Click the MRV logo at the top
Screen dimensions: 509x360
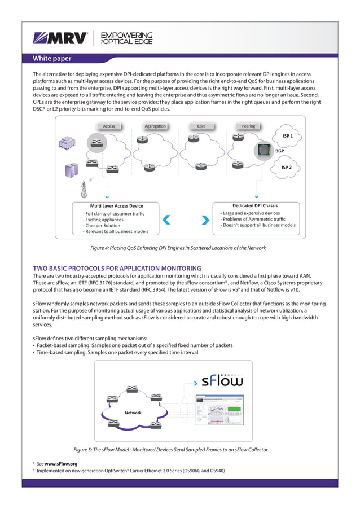tap(60, 38)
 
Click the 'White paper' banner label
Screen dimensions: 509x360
tap(52, 58)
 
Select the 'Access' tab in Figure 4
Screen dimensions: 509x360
tap(109, 126)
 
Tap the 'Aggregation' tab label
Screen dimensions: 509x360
tap(155, 126)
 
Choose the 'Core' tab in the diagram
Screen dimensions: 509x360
tap(201, 126)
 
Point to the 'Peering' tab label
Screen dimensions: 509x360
tap(248, 126)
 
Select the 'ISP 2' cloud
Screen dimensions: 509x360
tap(287, 168)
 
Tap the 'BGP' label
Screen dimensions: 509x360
tap(279, 151)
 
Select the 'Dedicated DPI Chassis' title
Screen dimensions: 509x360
tap(254, 205)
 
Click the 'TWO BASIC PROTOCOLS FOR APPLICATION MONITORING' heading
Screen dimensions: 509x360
tap(117, 268)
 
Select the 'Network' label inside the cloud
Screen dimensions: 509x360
tap(133, 413)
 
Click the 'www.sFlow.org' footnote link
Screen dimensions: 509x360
tap(61, 463)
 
